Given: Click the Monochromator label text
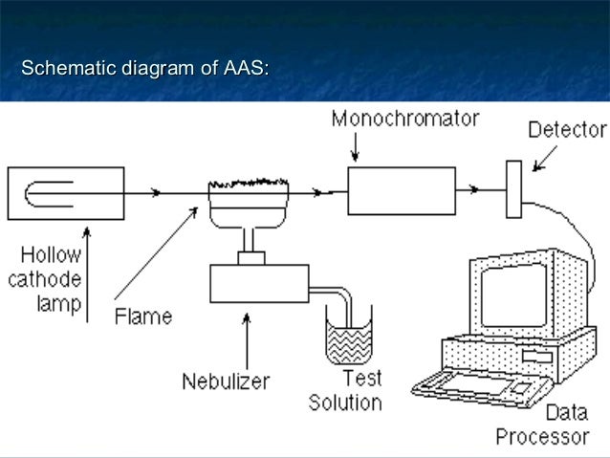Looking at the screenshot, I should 404,120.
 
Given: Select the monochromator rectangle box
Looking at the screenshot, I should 401,189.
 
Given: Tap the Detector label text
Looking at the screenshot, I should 567,130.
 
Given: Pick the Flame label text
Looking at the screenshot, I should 143,315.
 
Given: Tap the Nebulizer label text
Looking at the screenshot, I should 226,382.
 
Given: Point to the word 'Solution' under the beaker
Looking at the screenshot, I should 344,403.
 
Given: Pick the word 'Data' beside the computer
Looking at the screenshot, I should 565,415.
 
